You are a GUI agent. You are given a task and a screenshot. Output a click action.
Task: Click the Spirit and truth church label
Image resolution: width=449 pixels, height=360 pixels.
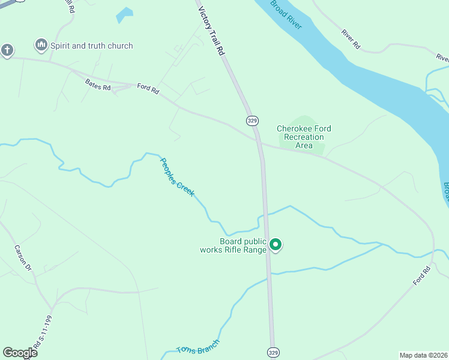click(x=92, y=46)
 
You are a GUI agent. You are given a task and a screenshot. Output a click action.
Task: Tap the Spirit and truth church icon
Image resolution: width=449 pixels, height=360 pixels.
click(x=41, y=45)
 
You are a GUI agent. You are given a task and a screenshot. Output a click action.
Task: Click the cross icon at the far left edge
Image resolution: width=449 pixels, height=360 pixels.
click(x=7, y=50)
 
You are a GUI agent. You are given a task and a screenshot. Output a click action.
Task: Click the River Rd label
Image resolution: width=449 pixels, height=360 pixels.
click(x=351, y=39)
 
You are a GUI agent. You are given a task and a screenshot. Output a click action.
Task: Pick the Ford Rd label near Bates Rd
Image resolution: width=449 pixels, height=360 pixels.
click(x=148, y=88)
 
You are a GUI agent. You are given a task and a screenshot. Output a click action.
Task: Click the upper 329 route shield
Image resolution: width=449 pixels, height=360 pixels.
click(x=252, y=121)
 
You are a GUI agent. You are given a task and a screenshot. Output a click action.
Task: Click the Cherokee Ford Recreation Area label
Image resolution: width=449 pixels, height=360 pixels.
click(x=304, y=137)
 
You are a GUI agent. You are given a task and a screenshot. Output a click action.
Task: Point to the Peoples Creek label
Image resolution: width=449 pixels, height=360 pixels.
click(x=177, y=178)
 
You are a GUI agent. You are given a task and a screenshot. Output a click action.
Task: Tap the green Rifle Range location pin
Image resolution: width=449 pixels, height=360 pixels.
click(x=276, y=245)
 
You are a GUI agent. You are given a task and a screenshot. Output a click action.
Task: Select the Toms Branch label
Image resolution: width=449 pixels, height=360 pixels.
click(x=199, y=347)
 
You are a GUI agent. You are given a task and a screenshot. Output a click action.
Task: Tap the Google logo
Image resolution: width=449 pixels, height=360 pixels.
click(x=20, y=353)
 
